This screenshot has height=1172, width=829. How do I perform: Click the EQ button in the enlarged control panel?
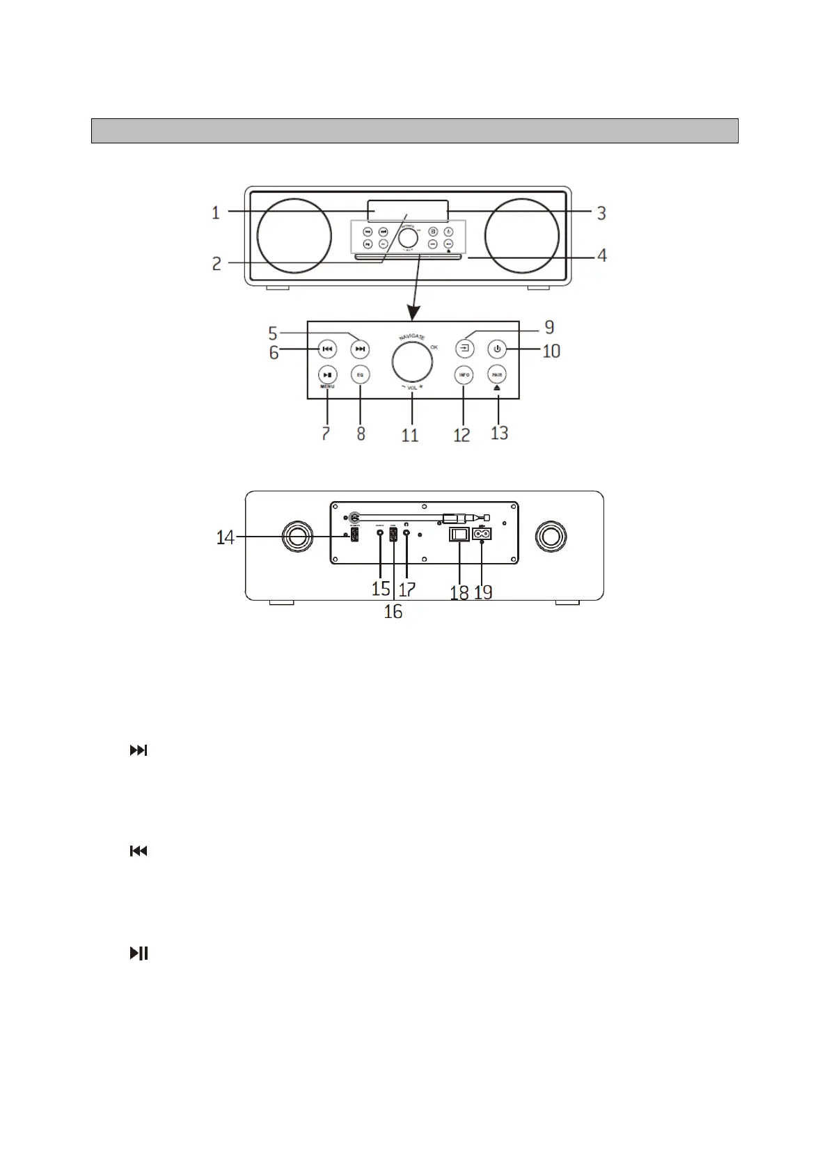point(360,374)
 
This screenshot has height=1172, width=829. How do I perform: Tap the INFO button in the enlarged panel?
point(464,374)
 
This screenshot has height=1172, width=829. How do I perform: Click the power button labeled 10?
point(497,348)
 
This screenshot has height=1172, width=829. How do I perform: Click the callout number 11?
point(410,435)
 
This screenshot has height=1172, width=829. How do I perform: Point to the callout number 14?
point(225,537)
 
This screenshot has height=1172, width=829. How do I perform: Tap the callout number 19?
point(483,592)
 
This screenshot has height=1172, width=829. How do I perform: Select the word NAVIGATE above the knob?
point(412,337)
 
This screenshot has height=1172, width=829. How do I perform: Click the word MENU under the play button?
point(327,386)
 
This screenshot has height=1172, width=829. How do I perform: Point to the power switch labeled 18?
point(458,534)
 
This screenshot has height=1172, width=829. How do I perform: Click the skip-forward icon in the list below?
point(139,751)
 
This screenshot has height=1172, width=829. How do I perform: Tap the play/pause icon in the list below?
point(139,953)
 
